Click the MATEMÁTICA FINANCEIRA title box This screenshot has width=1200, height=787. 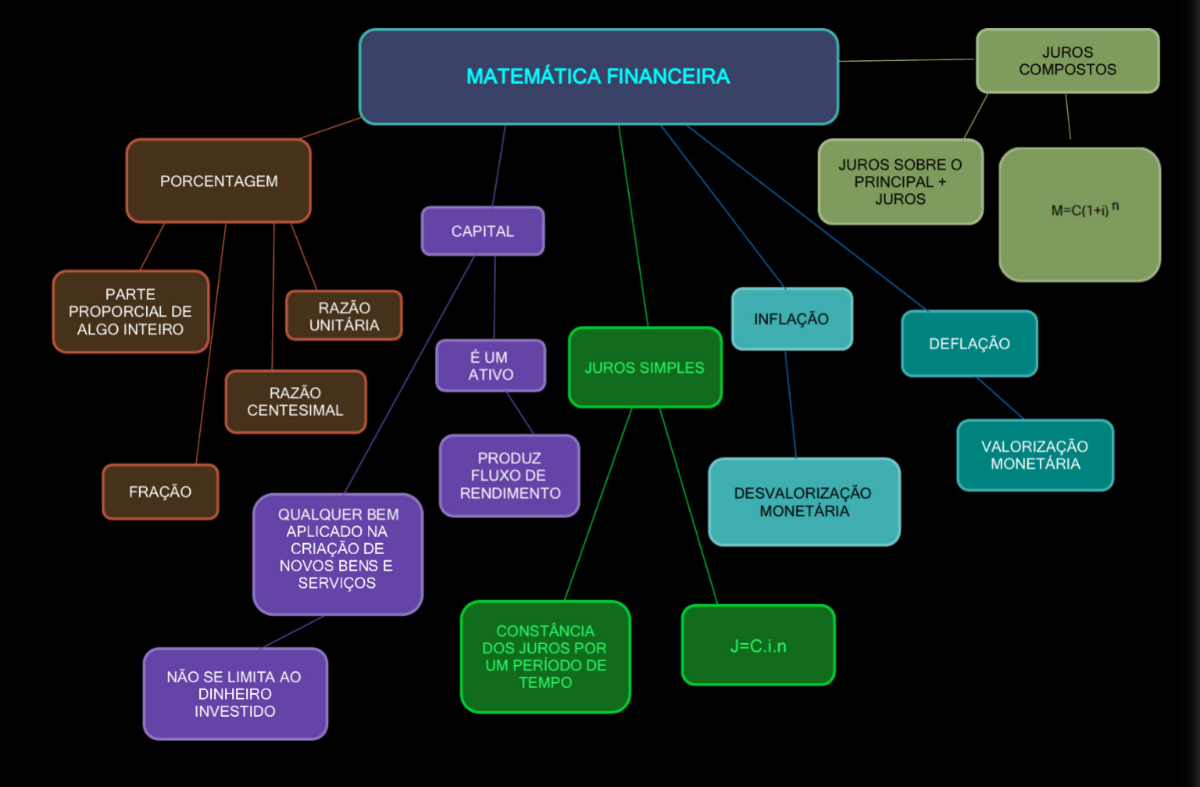point(598,77)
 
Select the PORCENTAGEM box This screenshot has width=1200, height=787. point(219,181)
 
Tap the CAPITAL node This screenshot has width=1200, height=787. point(482,231)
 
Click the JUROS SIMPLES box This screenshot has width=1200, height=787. point(645,367)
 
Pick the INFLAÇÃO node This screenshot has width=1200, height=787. point(791,319)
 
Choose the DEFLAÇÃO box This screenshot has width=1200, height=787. point(969,344)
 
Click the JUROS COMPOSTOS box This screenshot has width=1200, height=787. point(1067,61)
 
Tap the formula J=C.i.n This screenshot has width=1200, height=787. point(758,646)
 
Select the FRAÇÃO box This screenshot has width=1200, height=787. point(160,492)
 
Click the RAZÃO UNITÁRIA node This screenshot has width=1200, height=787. point(344,316)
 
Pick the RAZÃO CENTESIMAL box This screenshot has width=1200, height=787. point(295,402)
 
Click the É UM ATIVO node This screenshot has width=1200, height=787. point(491,366)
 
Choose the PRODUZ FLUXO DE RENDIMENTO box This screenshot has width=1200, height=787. point(509,476)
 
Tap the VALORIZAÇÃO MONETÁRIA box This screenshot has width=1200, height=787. point(1035,455)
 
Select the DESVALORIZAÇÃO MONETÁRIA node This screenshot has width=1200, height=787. point(804,502)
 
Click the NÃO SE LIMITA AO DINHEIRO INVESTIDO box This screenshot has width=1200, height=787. point(235,694)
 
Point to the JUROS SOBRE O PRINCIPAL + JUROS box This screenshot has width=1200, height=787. point(900,182)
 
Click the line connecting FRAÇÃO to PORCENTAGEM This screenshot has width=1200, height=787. point(211,344)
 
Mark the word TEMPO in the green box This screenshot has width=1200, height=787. point(545,682)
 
